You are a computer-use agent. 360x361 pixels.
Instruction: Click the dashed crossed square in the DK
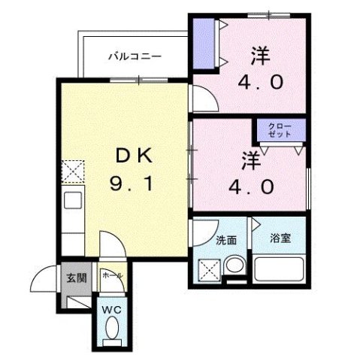73,171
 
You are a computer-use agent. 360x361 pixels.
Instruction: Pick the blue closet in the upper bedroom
203,43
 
